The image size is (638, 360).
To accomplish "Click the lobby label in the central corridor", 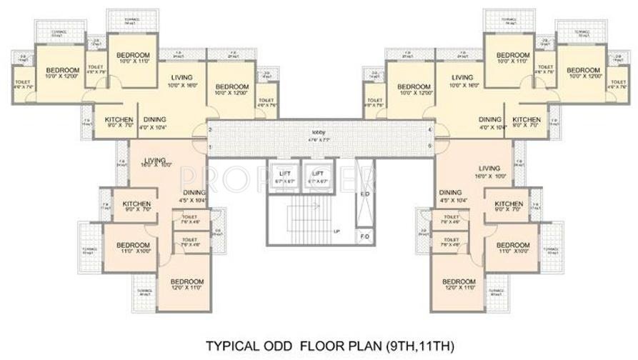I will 319,133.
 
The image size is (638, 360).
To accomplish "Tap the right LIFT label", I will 316,174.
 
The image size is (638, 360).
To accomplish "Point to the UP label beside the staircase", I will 336,231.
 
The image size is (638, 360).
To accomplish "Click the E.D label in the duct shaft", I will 364,194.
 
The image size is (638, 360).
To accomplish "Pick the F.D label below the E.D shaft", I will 364,236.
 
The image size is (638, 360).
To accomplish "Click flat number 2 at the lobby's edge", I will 210,129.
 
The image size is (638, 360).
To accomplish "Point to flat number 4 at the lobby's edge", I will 429,129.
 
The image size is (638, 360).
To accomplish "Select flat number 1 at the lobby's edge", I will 210,147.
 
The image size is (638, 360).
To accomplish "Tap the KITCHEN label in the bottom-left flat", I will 136,204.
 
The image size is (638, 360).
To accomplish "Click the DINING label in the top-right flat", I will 490,119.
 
